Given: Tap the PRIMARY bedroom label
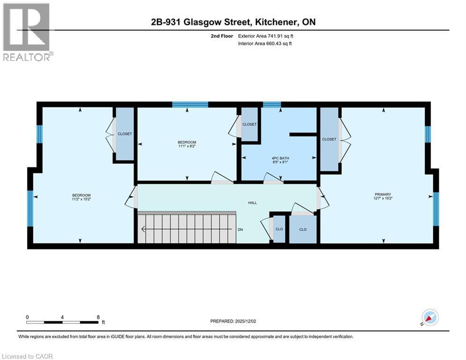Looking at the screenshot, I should [383, 195].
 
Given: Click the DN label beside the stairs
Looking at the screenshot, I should [240, 229].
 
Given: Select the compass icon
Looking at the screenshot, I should [430, 318].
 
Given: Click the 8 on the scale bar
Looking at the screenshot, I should [98, 317].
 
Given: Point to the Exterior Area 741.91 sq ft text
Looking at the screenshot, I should [266, 36].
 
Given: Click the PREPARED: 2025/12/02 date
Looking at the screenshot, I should [234, 321].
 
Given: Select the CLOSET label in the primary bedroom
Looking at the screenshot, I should [329, 139].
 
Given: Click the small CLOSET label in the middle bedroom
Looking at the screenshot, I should [249, 124].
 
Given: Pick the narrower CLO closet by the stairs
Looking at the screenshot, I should [279, 229].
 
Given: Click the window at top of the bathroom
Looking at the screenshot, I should [272, 105].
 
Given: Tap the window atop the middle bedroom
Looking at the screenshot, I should [190, 105].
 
